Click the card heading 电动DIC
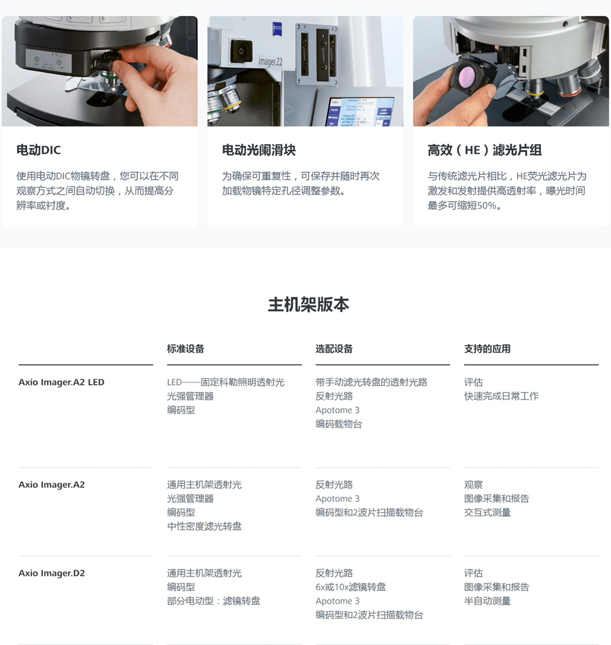pyautogui.click(x=38, y=150)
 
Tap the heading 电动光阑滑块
pyautogui.click(x=259, y=150)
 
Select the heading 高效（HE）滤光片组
pyautogui.click(x=485, y=150)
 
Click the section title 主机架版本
pyautogui.click(x=309, y=304)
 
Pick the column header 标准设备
pyautogui.click(x=185, y=349)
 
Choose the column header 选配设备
pyautogui.click(x=334, y=349)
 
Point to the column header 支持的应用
pyautogui.click(x=487, y=349)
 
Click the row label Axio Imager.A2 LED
pyautogui.click(x=61, y=382)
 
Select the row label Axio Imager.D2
pyautogui.click(x=52, y=573)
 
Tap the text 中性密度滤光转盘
pyautogui.click(x=204, y=526)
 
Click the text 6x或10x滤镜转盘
pyautogui.click(x=351, y=587)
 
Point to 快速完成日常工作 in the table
pyautogui.click(x=501, y=396)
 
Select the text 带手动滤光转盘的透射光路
pyautogui.click(x=371, y=382)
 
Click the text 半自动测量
pyautogui.click(x=487, y=601)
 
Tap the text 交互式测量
pyautogui.click(x=487, y=512)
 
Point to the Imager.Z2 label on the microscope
pyautogui.click(x=270, y=61)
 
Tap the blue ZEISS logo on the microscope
pyautogui.click(x=277, y=29)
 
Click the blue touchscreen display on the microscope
pyautogui.click(x=360, y=112)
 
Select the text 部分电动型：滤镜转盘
pyautogui.click(x=213, y=601)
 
